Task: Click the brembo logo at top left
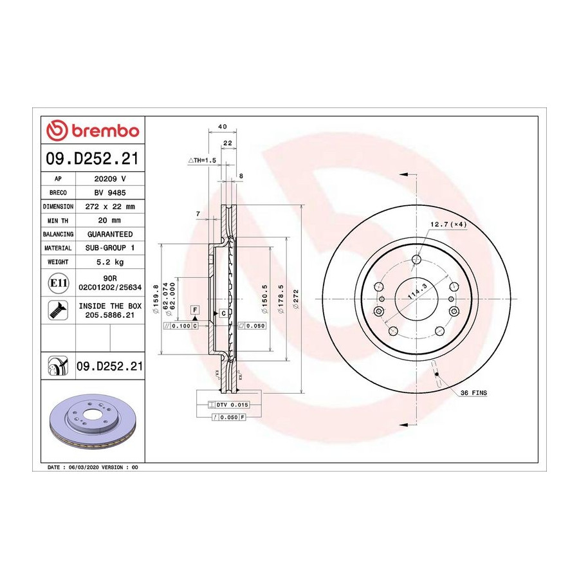click(x=93, y=131)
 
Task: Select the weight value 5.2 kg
click(x=110, y=262)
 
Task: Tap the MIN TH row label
click(x=58, y=221)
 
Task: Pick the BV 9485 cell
click(x=110, y=193)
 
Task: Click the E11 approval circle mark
click(x=59, y=283)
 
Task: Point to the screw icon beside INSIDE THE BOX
click(x=59, y=310)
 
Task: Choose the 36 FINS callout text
click(x=473, y=393)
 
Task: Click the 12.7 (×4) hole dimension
click(x=448, y=224)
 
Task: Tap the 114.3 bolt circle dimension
click(x=418, y=291)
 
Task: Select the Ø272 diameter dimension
click(x=296, y=299)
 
